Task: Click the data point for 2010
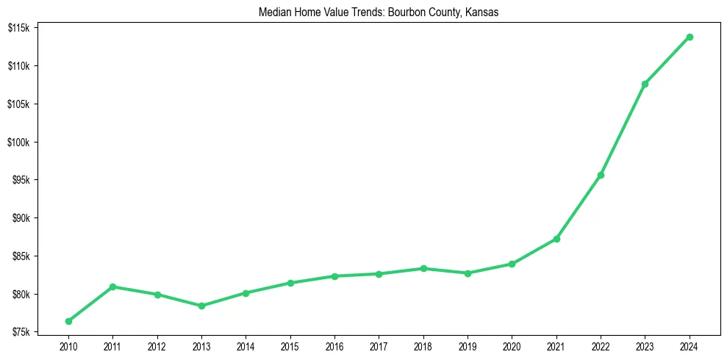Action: [68, 321]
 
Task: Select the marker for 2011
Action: [112, 287]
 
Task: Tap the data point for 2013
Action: [201, 306]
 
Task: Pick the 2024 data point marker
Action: [690, 37]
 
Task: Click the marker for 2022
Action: [601, 175]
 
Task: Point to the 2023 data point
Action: [645, 84]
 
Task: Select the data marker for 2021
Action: [556, 239]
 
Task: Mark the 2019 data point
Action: [468, 273]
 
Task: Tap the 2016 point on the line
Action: [334, 276]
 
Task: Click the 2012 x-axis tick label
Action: [157, 345]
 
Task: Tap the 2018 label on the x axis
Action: [423, 345]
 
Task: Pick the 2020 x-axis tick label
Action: [512, 345]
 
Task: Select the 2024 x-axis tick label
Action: [690, 345]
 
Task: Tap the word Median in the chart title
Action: [273, 12]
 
